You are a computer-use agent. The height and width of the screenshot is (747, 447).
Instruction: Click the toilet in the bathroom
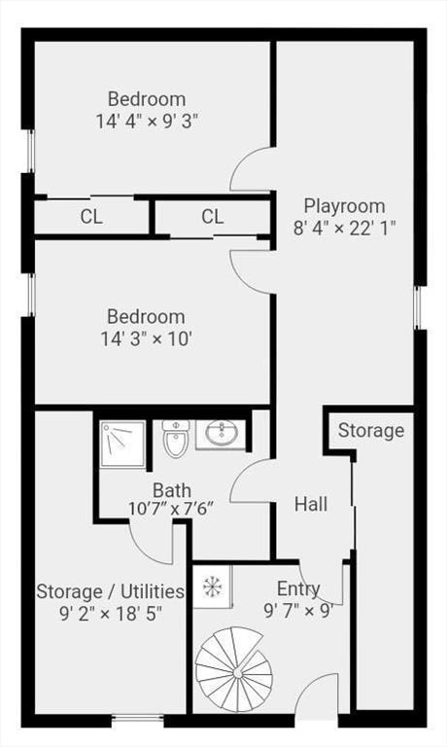pyautogui.click(x=176, y=438)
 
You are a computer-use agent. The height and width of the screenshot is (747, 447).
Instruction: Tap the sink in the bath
pyautogui.click(x=221, y=434)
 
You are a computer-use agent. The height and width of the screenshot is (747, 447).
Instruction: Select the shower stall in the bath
pyautogui.click(x=122, y=445)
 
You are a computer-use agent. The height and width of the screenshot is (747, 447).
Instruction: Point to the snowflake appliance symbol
pyautogui.click(x=210, y=587)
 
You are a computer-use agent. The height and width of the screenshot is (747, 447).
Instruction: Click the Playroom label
pyautogui.click(x=345, y=207)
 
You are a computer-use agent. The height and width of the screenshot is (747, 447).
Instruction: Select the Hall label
pyautogui.click(x=311, y=504)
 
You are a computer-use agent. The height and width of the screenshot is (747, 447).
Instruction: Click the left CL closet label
pyautogui.click(x=91, y=217)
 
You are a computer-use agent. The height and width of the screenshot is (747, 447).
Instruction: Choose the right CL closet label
pyautogui.click(x=212, y=217)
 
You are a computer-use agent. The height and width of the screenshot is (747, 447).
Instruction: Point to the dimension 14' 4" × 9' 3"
pyautogui.click(x=147, y=121)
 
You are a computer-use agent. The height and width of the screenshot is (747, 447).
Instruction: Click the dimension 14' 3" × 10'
pyautogui.click(x=146, y=339)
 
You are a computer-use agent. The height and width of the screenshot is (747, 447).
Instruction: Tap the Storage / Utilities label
pyautogui.click(x=111, y=591)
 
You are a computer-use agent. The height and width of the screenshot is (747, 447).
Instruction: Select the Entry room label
pyautogui.click(x=298, y=589)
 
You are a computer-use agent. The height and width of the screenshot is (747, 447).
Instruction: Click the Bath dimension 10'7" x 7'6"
pyautogui.click(x=170, y=509)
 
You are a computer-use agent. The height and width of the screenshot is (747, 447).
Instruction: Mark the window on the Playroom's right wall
pyautogui.click(x=417, y=307)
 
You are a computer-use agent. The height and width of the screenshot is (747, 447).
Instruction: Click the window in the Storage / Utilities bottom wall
pyautogui.click(x=138, y=718)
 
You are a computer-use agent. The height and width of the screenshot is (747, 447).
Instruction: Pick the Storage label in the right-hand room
pyautogui.click(x=371, y=431)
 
